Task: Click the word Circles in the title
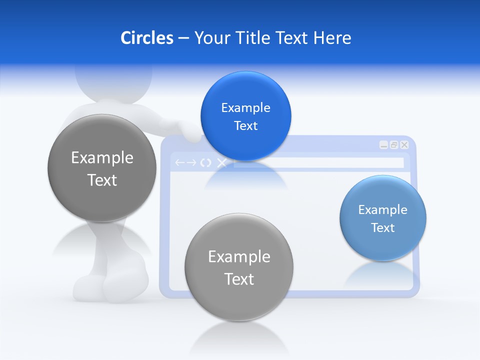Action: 146,38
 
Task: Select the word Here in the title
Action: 332,38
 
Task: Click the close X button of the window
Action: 404,145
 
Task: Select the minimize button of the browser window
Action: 383,145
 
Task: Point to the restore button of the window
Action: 394,145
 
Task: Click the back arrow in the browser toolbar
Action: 179,163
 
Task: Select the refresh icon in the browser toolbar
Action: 205,163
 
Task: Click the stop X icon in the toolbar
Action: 221,163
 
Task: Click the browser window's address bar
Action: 318,163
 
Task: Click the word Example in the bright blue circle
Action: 245,108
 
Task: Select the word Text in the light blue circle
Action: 383,228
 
